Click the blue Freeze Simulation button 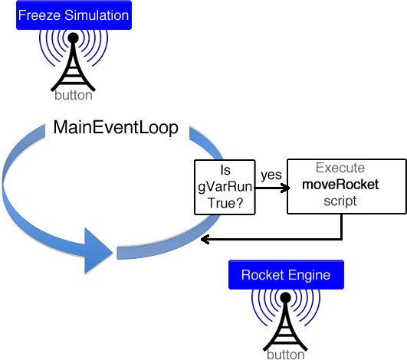[74, 15]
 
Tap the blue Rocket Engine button [286, 275]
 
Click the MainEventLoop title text [116, 127]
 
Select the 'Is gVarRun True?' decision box [225, 187]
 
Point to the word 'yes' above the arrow [271, 175]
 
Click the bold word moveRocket [340, 185]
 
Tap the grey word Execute [340, 168]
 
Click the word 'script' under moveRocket [340, 201]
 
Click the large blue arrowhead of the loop [99, 250]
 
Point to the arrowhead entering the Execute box [286, 188]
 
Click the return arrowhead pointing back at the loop [205, 239]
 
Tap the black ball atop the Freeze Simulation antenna [73, 38]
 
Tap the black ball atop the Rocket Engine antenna [286, 297]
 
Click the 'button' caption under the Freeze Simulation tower [74, 95]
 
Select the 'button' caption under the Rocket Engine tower [286, 355]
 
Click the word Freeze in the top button [39, 15]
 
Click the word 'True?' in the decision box [225, 203]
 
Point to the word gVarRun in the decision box [225, 187]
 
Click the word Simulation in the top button [97, 15]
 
